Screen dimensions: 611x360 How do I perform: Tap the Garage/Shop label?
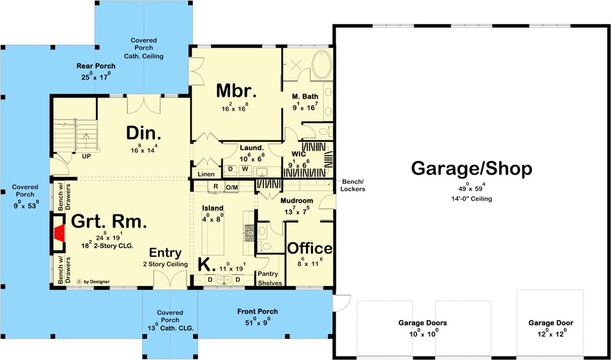(472, 169)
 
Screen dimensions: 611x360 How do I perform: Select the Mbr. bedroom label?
(237, 91)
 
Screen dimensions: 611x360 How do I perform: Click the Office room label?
(310, 248)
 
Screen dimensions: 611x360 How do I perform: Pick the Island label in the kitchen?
(212, 208)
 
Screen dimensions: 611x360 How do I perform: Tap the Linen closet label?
(206, 174)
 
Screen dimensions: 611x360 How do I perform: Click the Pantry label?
(268, 274)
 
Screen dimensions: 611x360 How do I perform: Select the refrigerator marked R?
(215, 187)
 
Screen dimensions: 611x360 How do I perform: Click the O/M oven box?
(232, 187)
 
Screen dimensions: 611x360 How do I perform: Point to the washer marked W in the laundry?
(245, 169)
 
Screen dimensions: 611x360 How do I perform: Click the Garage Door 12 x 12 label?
(550, 327)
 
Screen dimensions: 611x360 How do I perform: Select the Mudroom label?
(297, 201)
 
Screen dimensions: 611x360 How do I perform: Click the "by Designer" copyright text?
(93, 281)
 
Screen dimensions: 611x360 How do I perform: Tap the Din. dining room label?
(143, 133)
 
